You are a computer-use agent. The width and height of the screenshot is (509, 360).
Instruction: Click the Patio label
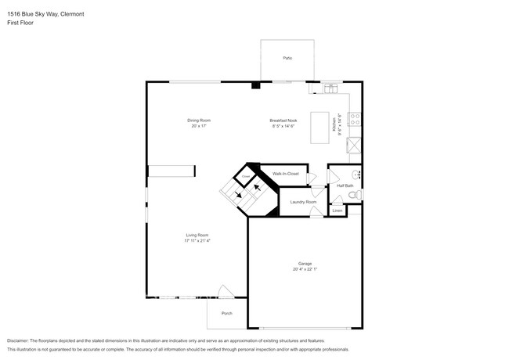point(287,58)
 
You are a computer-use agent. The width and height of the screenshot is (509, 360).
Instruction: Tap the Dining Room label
point(199,121)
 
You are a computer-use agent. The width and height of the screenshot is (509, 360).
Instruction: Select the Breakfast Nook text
point(283,121)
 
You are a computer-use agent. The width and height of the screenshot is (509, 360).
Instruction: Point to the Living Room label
point(197,236)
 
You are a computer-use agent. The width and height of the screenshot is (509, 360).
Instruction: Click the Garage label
point(305,264)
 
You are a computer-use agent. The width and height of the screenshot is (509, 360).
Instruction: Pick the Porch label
point(226,313)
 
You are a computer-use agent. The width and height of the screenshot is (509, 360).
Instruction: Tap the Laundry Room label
point(303,202)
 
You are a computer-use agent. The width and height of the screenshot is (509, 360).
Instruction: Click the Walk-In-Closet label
point(285,173)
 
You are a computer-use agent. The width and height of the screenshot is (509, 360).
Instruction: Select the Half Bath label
point(344,185)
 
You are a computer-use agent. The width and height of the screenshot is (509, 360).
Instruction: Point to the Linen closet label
point(338,211)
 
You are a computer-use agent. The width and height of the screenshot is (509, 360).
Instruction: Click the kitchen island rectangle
point(319,127)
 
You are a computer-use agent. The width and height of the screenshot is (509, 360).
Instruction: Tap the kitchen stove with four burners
point(355,120)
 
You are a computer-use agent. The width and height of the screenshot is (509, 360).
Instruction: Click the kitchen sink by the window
point(330,88)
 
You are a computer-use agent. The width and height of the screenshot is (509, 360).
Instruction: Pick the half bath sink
point(356,174)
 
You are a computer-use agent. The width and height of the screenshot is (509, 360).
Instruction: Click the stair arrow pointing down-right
point(239,196)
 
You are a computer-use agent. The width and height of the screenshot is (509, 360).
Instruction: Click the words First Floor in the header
point(20,23)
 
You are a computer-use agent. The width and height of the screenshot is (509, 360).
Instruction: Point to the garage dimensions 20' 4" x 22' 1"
point(305,269)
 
